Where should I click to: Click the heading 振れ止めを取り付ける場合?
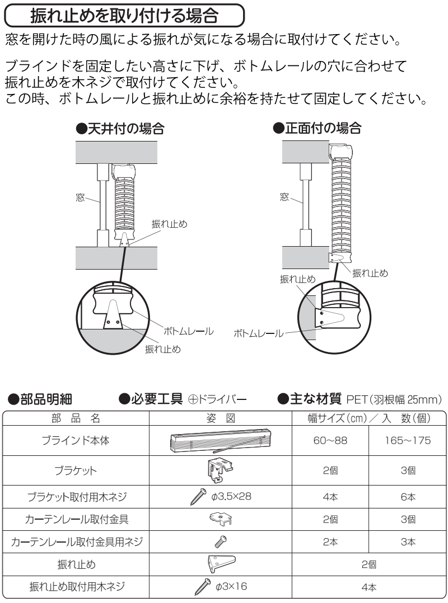(124, 16)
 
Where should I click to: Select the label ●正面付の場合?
(316, 128)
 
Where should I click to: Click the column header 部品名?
(76, 418)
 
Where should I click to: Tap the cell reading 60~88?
(330, 440)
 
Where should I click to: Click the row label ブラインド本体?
(76, 440)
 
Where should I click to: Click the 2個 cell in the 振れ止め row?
(368, 564)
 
